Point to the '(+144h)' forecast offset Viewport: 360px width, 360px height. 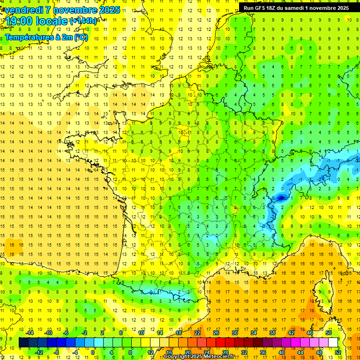[83, 21]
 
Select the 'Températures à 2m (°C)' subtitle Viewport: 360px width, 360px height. [46, 37]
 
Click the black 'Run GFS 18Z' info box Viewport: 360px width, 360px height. [296, 8]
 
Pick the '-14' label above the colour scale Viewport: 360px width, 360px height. [30, 332]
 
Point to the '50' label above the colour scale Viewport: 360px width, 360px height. [329, 332]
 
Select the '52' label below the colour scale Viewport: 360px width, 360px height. [338, 352]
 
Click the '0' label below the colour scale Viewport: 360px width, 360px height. [93, 352]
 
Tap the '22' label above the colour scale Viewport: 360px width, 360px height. [197, 332]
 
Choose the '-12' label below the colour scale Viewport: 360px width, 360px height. [39, 352]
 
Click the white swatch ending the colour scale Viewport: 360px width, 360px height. [333, 342]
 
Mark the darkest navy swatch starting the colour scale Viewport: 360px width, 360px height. [23, 342]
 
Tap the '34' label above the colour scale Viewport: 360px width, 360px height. [254, 332]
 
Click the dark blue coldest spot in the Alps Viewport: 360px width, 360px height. [281, 197]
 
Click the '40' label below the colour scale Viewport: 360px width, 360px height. [282, 352]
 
